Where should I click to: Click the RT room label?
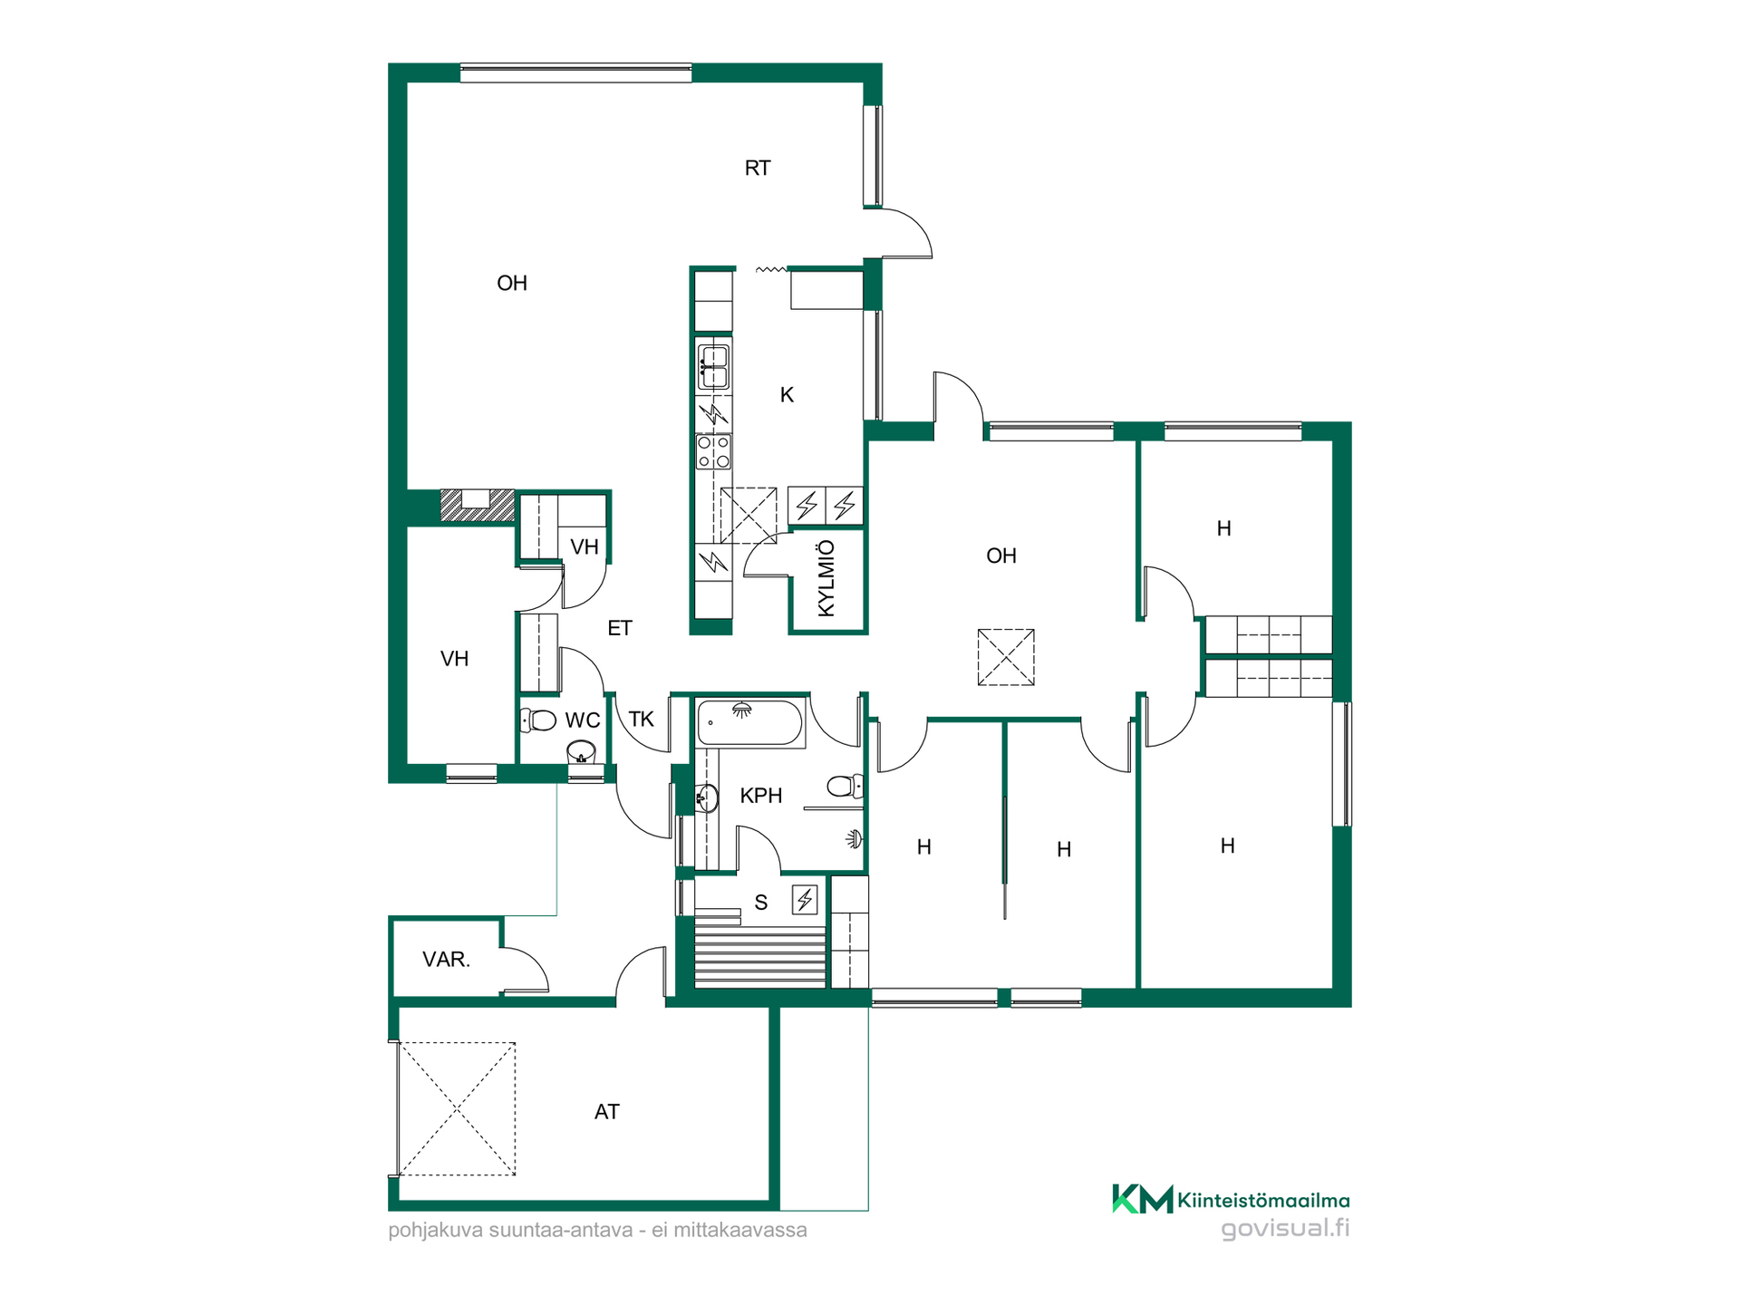click(x=758, y=168)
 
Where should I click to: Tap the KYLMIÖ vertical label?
click(x=826, y=579)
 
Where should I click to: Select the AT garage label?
click(x=607, y=1112)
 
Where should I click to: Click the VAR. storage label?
click(x=446, y=960)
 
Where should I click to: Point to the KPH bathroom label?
click(x=761, y=796)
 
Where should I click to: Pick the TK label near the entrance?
click(x=642, y=720)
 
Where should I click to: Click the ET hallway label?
click(x=620, y=628)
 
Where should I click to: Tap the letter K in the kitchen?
click(x=787, y=395)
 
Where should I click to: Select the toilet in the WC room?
click(x=538, y=720)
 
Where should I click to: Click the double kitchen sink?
click(x=714, y=365)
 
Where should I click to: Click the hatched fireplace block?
click(x=477, y=506)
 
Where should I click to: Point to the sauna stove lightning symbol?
click(x=805, y=899)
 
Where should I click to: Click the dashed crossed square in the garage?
click(x=457, y=1109)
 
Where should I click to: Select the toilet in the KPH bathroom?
click(x=846, y=786)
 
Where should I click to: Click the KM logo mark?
click(x=1142, y=1199)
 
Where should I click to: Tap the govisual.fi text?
click(x=1285, y=1229)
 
